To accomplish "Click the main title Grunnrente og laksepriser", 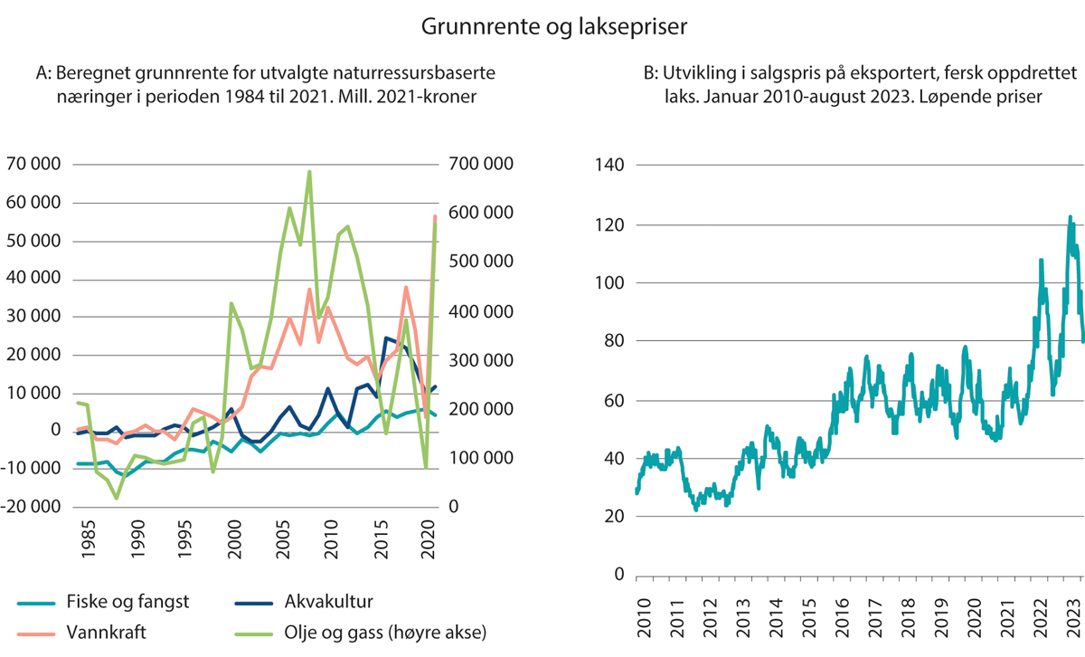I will pos(554,28).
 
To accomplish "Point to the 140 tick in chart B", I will pos(611,165).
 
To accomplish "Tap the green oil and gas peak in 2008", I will pos(309,172).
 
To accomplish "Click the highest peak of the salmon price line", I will pos(1070,217).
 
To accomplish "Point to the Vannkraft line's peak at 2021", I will pos(434,217).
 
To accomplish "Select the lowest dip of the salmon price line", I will pos(696,510).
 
